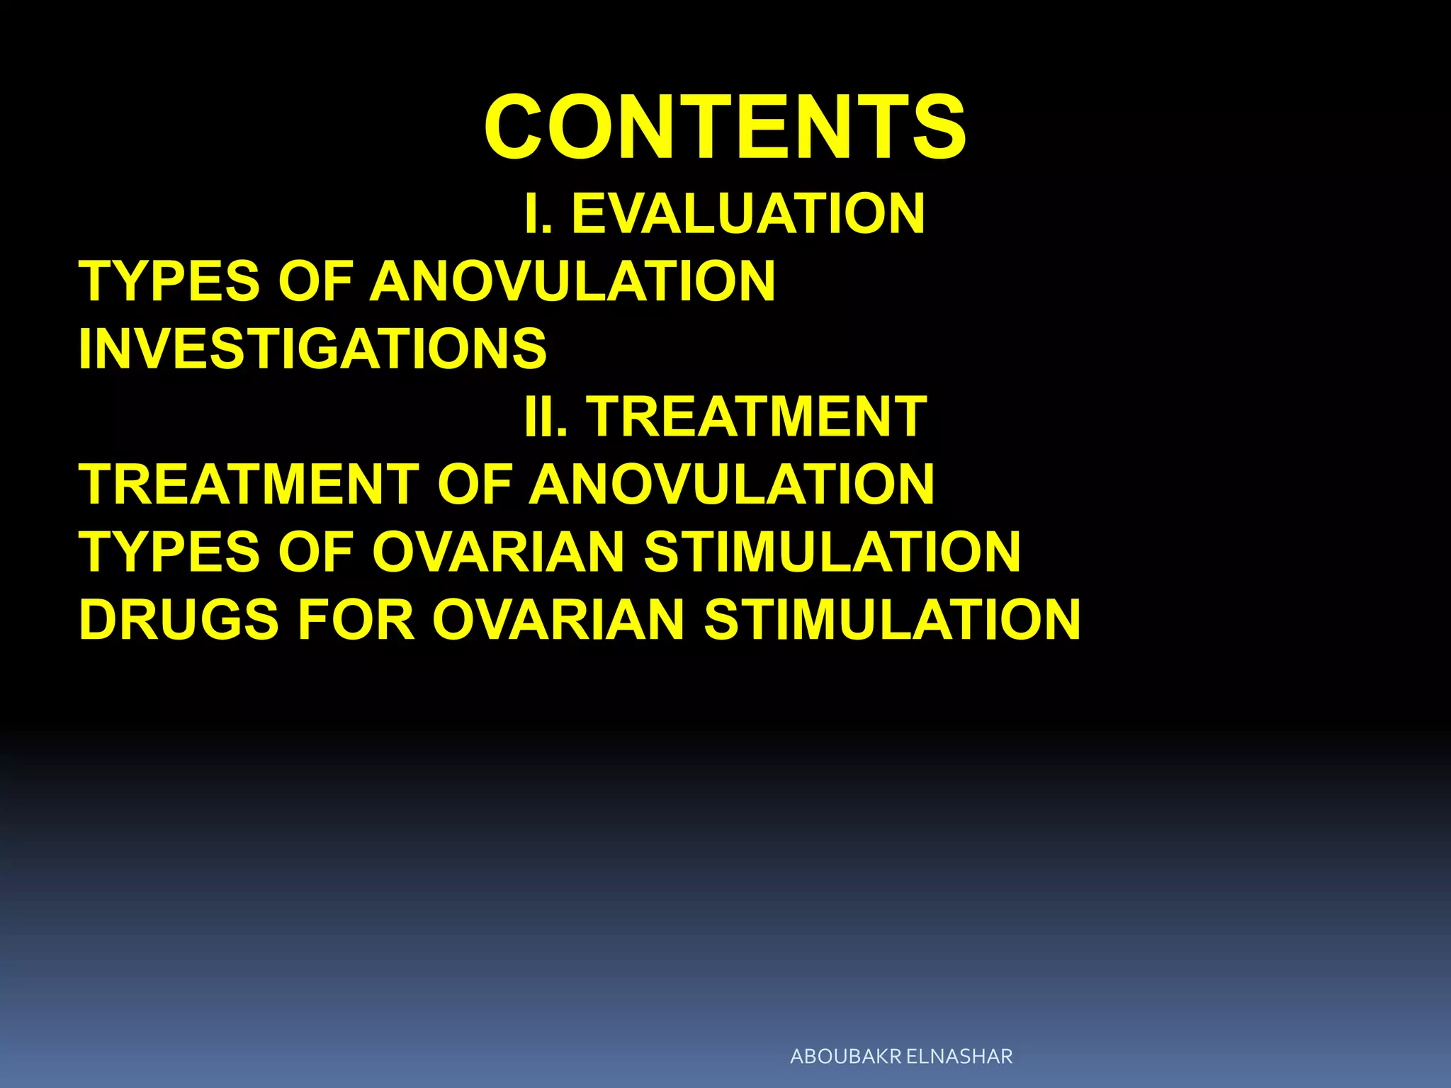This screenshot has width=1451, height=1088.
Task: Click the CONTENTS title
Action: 725,128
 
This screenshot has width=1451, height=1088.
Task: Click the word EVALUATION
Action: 748,213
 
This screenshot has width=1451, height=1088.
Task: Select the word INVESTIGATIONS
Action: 312,348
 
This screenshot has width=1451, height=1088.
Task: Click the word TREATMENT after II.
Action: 757,416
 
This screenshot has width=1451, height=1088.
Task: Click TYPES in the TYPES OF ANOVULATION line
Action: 169,281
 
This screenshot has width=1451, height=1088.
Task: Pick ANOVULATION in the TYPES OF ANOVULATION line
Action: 572,281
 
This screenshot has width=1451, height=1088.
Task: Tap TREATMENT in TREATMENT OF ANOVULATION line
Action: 249,484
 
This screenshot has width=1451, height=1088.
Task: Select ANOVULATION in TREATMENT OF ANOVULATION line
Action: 732,484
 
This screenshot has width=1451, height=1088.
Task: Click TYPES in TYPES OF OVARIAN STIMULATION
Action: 169,552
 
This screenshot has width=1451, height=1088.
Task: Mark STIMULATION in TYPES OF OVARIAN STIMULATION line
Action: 832,552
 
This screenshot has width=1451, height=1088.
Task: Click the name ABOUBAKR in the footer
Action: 846,1056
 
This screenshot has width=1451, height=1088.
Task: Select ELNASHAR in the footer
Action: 959,1056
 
